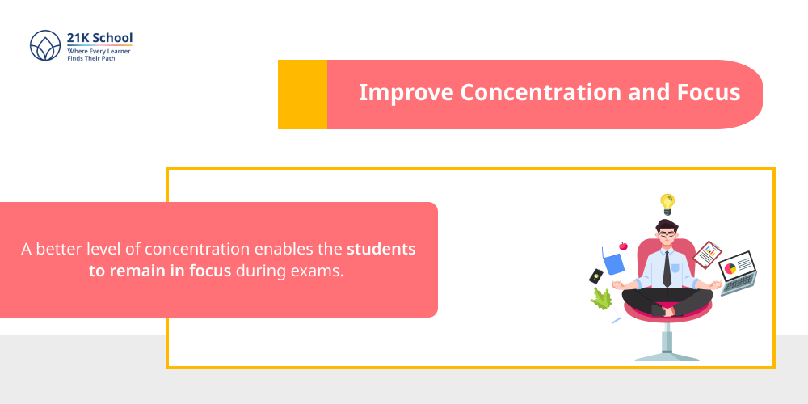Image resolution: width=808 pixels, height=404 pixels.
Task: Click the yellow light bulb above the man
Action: (667, 203)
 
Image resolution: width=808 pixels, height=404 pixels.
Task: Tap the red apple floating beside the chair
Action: (623, 246)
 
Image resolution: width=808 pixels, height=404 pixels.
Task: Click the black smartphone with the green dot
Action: (596, 276)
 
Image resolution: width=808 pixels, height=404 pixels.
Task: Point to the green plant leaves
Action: (601, 300)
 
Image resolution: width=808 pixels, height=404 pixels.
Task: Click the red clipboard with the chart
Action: (708, 255)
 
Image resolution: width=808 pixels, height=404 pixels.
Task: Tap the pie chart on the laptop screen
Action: (730, 267)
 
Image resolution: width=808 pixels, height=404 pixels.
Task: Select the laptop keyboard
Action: (740, 284)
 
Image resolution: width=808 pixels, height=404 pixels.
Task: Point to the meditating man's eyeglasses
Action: (666, 235)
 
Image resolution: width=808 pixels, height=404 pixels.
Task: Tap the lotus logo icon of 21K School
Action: (45, 46)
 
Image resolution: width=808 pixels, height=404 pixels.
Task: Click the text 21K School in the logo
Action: (100, 37)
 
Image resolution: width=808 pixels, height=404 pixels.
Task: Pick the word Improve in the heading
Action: (406, 92)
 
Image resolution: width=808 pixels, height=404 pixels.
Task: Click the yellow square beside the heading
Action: (302, 95)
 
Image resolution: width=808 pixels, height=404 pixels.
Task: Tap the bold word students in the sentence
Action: (381, 249)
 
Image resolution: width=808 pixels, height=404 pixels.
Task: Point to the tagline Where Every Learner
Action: (99, 51)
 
